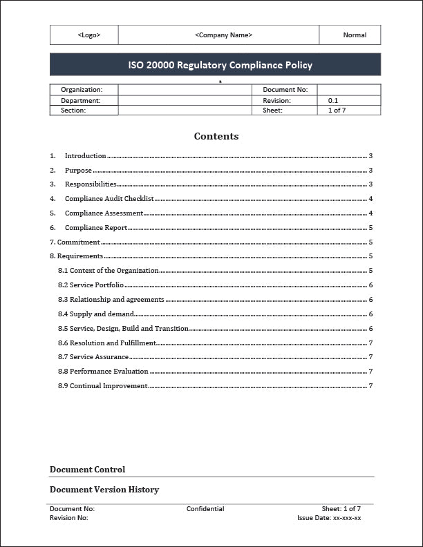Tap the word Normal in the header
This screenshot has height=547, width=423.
[x=355, y=35]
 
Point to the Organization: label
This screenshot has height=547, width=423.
[x=82, y=90]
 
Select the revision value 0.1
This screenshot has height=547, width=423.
[x=333, y=101]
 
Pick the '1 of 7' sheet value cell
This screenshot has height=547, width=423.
[x=337, y=111]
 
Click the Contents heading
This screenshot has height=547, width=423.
[x=216, y=136]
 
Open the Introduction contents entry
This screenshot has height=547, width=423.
[x=86, y=156]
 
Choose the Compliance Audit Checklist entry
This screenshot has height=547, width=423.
[x=109, y=199]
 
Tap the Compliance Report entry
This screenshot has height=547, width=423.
[x=96, y=228]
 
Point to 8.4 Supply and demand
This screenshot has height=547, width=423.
[x=96, y=314]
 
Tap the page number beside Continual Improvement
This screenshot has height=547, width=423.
[x=371, y=386]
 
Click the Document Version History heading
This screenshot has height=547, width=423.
[x=104, y=490]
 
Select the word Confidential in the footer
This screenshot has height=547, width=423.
[x=205, y=509]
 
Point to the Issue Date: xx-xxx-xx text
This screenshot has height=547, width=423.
[x=329, y=517]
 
